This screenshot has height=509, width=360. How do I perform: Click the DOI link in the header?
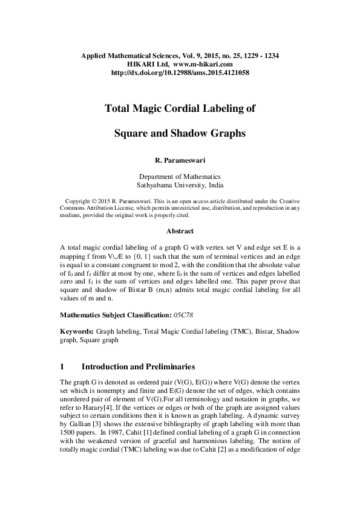point(180,73)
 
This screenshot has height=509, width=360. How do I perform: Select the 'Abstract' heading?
point(180,231)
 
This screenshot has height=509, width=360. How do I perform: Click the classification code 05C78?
point(182,316)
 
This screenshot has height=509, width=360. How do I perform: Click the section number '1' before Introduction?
point(63,366)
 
